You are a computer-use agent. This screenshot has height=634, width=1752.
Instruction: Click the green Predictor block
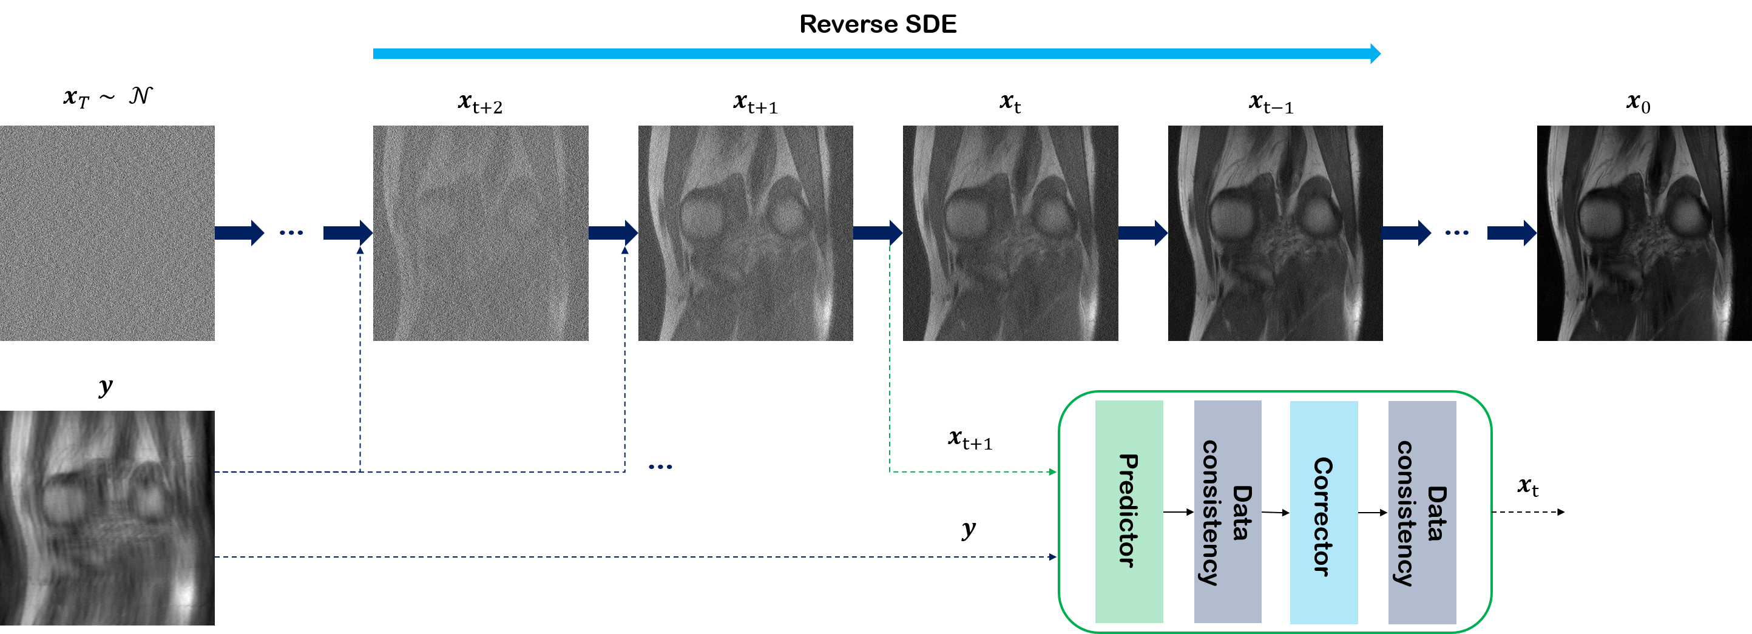coord(1128,511)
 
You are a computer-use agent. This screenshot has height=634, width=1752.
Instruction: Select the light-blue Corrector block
coord(1324,512)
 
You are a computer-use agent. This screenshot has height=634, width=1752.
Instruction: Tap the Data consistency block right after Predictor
coord(1228,511)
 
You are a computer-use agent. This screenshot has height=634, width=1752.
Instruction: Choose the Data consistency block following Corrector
coord(1421,512)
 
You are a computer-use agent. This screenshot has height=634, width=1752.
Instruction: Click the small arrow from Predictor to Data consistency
coord(1179,511)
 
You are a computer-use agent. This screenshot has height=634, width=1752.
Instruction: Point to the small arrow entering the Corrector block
coord(1276,512)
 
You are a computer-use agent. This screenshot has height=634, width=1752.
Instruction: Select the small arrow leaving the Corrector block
coord(1373,512)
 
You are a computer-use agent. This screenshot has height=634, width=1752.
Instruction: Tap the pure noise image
coord(107,232)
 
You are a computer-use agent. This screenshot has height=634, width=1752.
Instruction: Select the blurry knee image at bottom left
coord(107,518)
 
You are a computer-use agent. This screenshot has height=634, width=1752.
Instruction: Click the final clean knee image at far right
coord(1644,232)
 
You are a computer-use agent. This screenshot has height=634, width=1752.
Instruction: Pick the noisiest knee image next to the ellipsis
coord(480,232)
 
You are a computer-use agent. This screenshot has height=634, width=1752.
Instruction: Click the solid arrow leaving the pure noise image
coord(238,232)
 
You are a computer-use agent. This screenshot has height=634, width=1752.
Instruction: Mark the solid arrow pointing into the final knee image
coord(1511,232)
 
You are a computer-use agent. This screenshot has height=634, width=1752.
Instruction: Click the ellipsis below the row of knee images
coord(660,467)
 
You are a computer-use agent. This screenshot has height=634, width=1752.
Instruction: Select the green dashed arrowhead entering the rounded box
coord(1053,471)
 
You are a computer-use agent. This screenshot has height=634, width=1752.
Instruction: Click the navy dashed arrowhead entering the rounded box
coord(1053,557)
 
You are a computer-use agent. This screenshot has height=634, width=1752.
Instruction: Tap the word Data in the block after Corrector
coord(1436,514)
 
